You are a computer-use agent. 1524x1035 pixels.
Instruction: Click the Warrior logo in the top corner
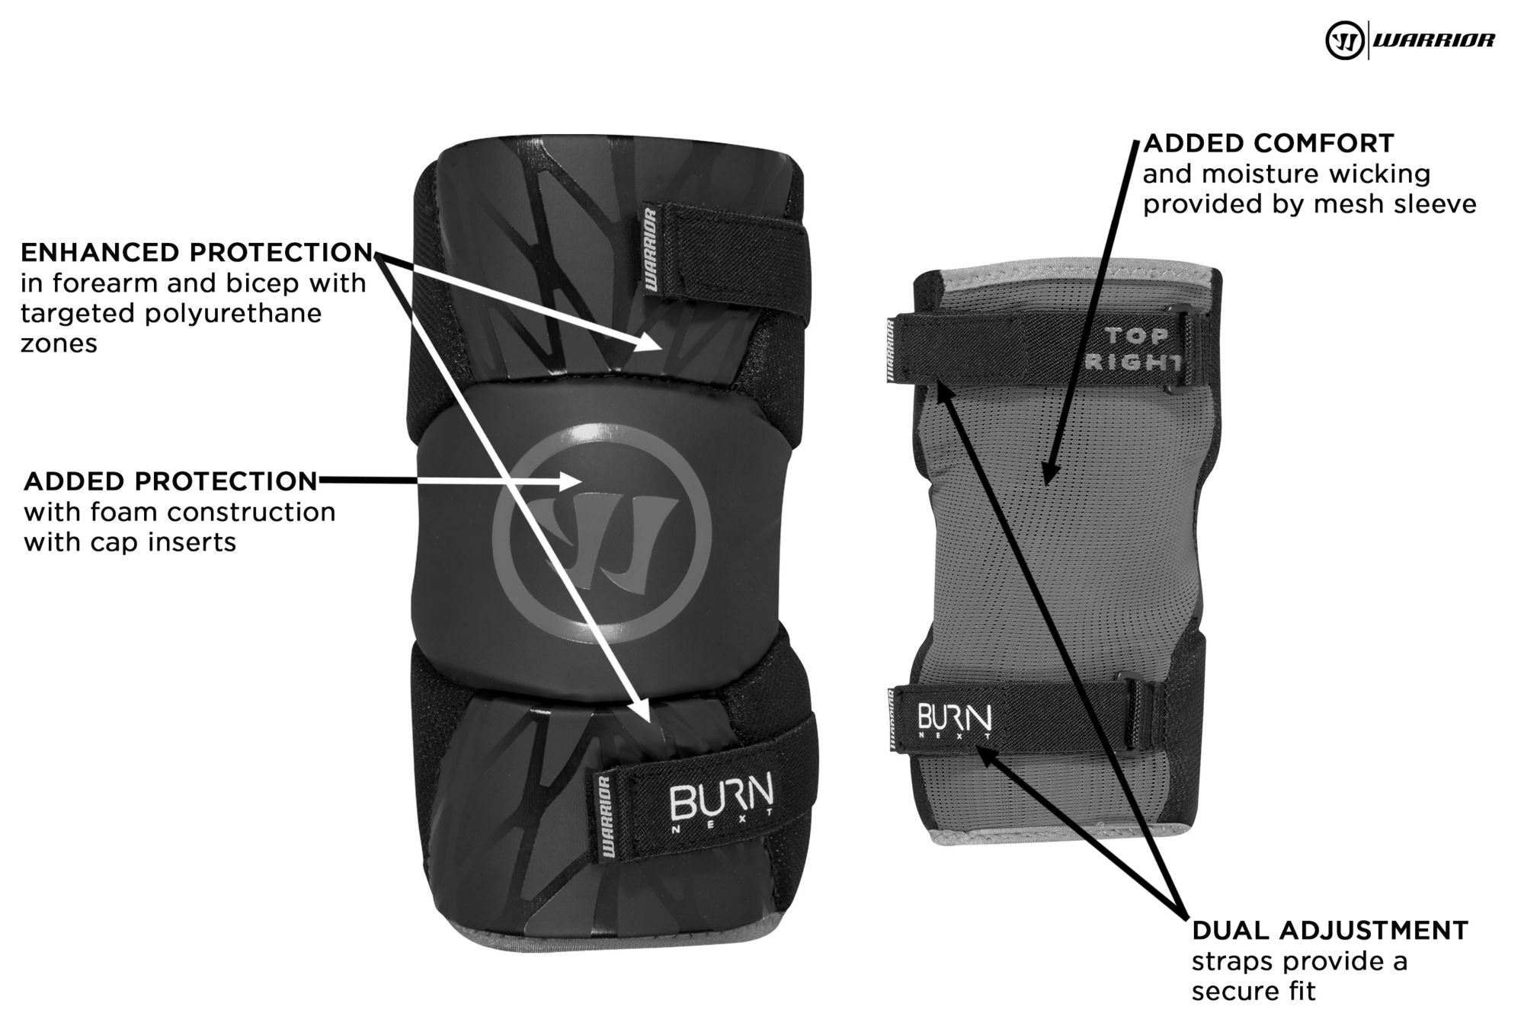(x=1410, y=40)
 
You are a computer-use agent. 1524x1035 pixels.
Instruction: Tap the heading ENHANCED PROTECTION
(x=197, y=252)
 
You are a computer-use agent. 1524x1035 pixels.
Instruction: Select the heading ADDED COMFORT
(x=1269, y=143)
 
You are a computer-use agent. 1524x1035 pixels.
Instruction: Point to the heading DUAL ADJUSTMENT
(x=1330, y=930)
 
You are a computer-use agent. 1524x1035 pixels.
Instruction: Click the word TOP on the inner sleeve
(x=1136, y=336)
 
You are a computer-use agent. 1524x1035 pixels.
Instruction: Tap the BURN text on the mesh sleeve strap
(x=954, y=718)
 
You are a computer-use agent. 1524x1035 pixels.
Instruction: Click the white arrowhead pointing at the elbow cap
(x=573, y=481)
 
